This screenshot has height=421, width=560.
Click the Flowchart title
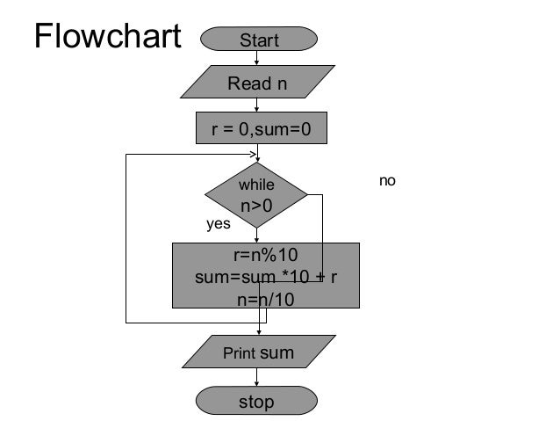108,35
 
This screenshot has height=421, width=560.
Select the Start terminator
259,39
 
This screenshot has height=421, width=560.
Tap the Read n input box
257,82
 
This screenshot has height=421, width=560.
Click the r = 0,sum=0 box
262,128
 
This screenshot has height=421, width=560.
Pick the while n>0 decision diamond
256,195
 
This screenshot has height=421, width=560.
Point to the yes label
219,224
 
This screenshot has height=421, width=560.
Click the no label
387,181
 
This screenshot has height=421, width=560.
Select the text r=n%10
266,255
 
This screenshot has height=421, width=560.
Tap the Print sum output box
259,352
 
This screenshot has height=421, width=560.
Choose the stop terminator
256,401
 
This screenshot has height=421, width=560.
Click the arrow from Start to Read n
256,58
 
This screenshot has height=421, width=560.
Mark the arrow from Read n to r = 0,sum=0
256,105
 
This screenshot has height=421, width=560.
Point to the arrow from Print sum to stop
256,377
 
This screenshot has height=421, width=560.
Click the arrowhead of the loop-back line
253,155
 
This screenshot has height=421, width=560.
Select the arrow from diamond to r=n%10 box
256,236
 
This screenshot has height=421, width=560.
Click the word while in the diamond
256,185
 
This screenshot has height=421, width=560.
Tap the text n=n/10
266,300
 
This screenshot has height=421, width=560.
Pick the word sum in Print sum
279,353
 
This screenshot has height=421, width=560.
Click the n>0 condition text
256,206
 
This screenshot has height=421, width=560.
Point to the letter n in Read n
282,84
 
